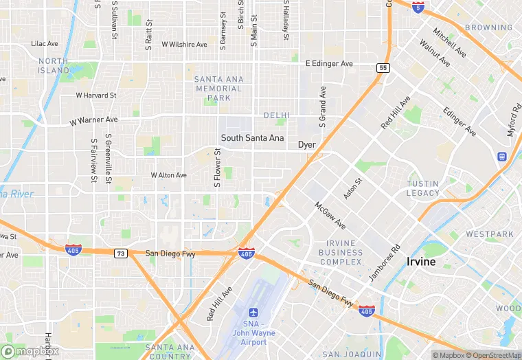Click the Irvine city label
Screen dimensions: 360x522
point(421,262)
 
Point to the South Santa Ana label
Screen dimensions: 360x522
point(252,137)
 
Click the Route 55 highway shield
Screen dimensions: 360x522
point(383,67)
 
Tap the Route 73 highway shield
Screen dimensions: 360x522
point(121,253)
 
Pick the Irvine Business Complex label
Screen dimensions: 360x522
point(334,252)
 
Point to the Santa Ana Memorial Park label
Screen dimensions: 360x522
point(218,89)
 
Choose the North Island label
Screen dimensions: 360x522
point(54,66)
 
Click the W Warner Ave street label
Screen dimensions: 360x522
point(94,120)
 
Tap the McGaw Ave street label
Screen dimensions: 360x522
point(330,215)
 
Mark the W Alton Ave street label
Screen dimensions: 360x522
point(169,175)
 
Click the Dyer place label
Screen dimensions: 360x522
point(306,145)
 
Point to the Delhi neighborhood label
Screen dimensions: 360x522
point(277,115)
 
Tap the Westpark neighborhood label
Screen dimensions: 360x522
point(490,234)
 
